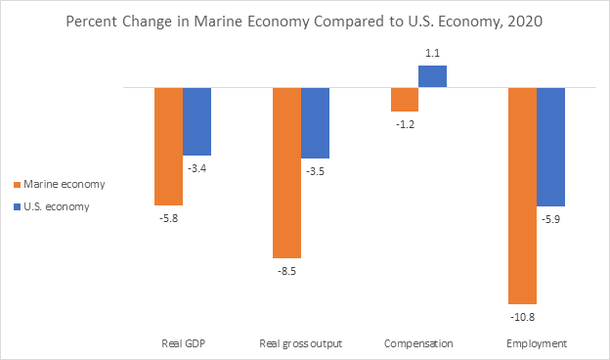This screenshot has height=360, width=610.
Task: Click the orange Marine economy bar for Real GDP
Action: pyautogui.click(x=169, y=146)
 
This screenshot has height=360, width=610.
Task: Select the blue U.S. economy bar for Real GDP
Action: pyautogui.click(x=197, y=121)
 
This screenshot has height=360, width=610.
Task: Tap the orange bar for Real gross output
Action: pyautogui.click(x=286, y=172)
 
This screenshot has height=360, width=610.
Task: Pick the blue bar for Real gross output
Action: pyautogui.click(x=315, y=123)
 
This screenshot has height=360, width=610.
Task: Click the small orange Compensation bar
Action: pyautogui.click(x=404, y=100)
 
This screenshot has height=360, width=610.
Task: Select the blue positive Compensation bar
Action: pyautogui.click(x=432, y=76)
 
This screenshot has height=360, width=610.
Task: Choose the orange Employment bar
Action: pyautogui.click(x=521, y=195)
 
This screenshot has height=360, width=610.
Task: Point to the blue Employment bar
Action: pyautogui.click(x=550, y=147)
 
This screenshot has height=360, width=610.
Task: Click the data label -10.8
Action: pyautogui.click(x=522, y=317)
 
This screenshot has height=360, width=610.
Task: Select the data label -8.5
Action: pyautogui.click(x=286, y=271)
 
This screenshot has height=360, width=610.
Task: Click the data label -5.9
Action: pyautogui.click(x=550, y=219)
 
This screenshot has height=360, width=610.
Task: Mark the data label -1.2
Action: pyautogui.click(x=405, y=125)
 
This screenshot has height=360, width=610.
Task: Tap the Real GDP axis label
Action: pyautogui.click(x=183, y=343)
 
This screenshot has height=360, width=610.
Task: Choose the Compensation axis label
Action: pyautogui.click(x=417, y=343)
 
